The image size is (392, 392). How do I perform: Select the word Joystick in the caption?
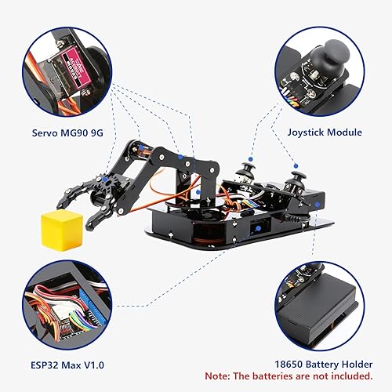tap(305, 132)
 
